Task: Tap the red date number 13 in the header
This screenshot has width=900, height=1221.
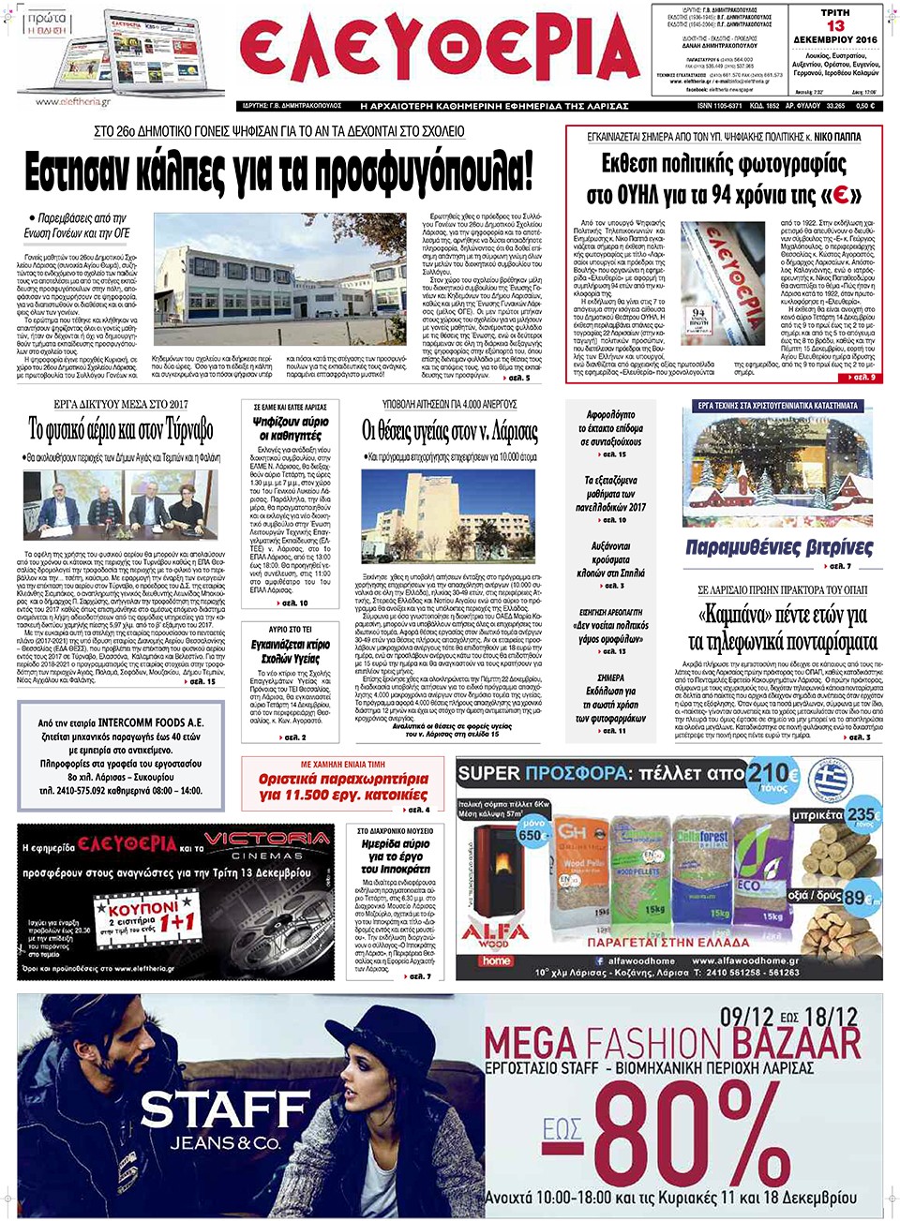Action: (834, 26)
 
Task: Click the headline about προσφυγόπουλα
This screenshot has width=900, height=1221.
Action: (278, 171)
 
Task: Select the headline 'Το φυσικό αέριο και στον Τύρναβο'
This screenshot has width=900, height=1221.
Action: (121, 430)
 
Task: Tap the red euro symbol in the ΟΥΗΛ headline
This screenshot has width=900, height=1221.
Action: (841, 195)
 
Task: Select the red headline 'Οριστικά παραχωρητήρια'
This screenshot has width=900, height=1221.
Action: (343, 786)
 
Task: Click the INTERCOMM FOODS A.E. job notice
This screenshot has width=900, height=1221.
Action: (120, 756)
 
